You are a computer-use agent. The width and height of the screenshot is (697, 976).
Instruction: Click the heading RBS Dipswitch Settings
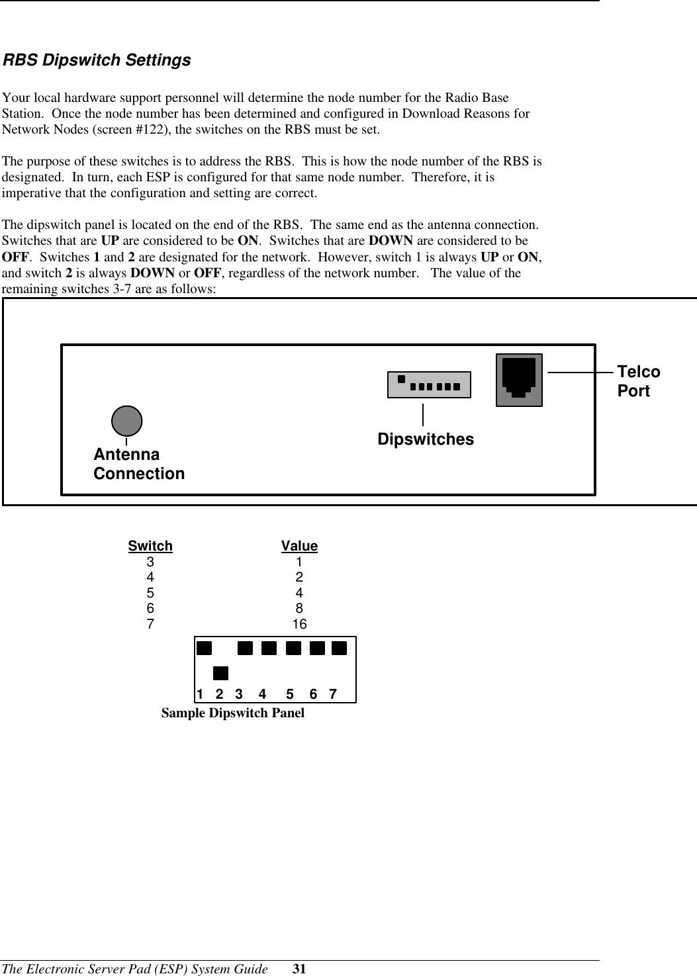97,60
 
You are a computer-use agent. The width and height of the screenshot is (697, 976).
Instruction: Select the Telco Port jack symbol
519,379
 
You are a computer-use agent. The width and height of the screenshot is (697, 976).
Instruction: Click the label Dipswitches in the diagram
426,439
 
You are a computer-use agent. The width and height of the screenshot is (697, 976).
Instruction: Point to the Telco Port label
638,381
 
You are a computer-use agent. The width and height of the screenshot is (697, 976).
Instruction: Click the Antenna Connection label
139,464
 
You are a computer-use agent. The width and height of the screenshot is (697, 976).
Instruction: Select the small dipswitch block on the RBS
429,384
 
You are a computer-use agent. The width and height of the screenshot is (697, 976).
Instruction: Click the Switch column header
150,546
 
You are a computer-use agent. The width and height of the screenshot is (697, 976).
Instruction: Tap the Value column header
299,546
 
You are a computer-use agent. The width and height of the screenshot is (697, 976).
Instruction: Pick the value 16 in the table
299,624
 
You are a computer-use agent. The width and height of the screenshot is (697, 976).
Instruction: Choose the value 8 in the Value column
299,608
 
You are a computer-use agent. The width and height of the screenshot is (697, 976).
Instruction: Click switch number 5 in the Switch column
151,593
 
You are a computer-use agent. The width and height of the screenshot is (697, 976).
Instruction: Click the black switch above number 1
204,647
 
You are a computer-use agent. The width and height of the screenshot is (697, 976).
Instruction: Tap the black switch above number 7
340,647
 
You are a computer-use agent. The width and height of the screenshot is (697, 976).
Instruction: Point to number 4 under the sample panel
263,694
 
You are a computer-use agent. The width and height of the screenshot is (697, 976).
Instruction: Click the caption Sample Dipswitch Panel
233,713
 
